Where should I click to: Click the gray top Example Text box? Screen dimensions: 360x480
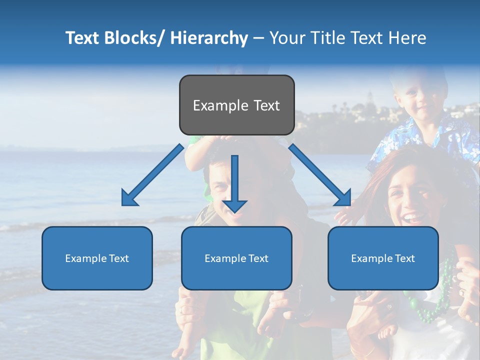click(236, 105)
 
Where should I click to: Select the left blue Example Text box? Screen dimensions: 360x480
click(97, 258)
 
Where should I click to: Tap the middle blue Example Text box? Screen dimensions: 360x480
click(236, 258)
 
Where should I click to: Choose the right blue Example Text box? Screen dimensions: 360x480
click(383, 258)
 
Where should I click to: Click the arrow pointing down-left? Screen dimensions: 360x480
click(152, 175)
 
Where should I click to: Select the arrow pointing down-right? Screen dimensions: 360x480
click(320, 175)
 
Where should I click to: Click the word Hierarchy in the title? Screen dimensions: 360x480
click(209, 38)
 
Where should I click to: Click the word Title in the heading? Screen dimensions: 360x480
click(326, 38)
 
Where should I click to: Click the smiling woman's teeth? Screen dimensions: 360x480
click(410, 218)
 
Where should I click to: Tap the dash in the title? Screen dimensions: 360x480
click(258, 38)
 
